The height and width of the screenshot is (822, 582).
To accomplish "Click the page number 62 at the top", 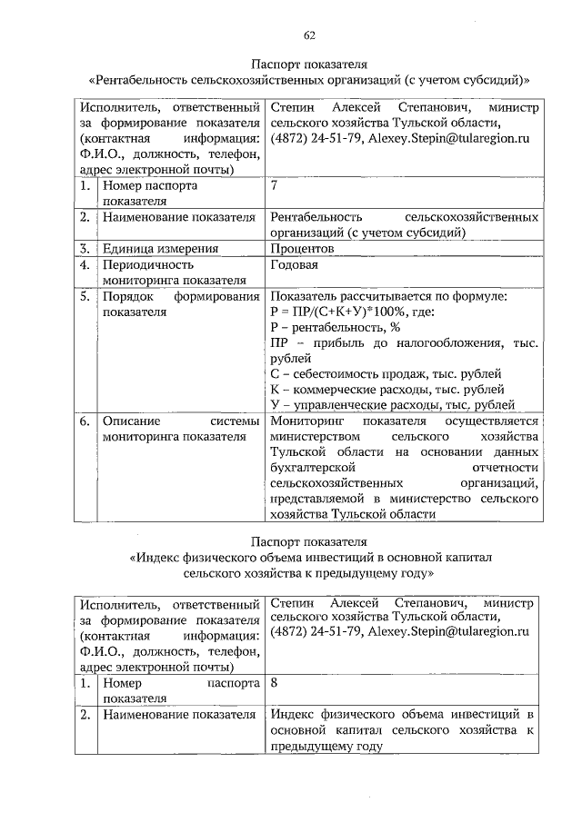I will pos(309,35).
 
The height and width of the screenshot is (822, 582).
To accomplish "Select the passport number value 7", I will pos(275,186).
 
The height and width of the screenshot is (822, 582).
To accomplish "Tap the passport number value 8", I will pos(275,682).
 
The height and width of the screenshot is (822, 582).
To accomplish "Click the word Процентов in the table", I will pos(302,249).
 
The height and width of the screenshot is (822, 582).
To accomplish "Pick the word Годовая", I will pos(295,265).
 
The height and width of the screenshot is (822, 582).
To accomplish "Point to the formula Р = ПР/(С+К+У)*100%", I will pos(352,312).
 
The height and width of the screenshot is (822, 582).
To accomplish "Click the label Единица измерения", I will pos(160,249).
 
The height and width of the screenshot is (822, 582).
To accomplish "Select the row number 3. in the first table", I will pos(83,249).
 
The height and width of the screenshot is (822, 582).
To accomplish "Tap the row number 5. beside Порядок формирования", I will pos(83,296).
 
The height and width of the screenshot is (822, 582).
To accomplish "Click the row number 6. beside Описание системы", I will pos(83,421).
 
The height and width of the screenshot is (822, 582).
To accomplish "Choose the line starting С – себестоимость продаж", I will pos(386,373).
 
